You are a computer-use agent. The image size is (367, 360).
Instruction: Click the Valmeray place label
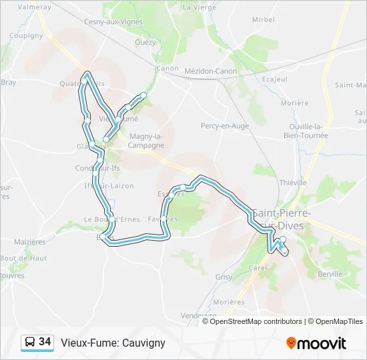coord(34,7)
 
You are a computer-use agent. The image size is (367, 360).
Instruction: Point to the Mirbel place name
coord(264,20)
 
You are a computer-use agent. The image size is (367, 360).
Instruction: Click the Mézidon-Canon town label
coord(211,71)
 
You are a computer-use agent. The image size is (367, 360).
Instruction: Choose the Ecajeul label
coord(275,79)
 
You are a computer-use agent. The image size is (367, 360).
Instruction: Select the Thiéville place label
coord(293,182)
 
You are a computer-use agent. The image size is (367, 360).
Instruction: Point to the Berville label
coord(330,274)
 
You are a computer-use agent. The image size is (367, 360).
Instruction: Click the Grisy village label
coord(223,276)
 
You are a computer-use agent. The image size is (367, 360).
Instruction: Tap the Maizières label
coord(30,241)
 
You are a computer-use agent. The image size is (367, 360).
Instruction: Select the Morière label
coord(295,103)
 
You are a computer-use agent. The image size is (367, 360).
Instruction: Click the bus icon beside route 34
coord(30,343)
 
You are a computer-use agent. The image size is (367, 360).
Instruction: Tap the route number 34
coord(45,342)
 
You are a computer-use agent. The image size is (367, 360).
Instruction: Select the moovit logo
coord(316,343)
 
